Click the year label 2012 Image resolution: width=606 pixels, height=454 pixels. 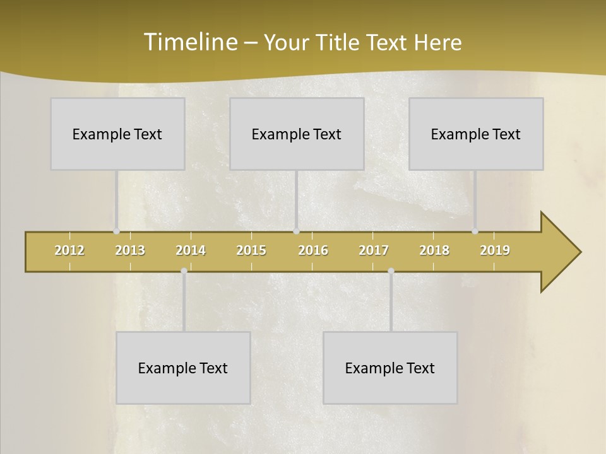click(x=69, y=250)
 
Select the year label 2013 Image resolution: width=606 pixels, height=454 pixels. click(x=130, y=250)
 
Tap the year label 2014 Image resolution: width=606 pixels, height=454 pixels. click(x=191, y=250)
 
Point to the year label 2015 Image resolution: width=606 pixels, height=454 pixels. click(x=251, y=250)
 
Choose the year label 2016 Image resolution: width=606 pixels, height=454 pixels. click(x=313, y=250)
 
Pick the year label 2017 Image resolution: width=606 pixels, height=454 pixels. click(x=374, y=250)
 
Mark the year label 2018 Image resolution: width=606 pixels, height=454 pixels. click(x=434, y=250)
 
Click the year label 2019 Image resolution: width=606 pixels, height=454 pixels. click(x=495, y=250)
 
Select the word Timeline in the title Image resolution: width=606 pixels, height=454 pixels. click(x=189, y=42)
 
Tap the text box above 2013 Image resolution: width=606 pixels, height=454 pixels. click(x=117, y=134)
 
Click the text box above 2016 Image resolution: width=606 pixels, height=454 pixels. click(x=297, y=134)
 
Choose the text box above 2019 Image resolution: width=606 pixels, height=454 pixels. click(x=476, y=134)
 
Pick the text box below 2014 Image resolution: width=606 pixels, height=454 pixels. click(x=183, y=368)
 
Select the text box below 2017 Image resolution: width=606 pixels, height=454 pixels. click(x=390, y=368)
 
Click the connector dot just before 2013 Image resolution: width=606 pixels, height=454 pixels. click(x=116, y=231)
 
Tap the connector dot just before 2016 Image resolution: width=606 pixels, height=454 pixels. click(x=296, y=231)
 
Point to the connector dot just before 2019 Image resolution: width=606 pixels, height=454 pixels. click(x=475, y=231)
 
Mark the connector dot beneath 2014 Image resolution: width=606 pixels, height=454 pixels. click(x=184, y=271)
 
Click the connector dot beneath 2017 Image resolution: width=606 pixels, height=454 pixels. click(x=391, y=271)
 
